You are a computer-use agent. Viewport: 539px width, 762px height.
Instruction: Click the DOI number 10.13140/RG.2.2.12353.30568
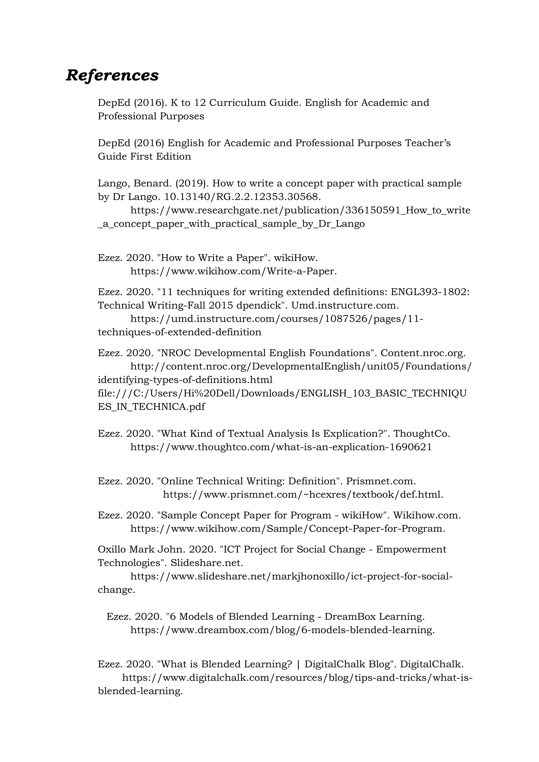(x=243, y=197)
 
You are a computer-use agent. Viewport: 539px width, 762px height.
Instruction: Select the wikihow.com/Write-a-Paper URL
(x=233, y=271)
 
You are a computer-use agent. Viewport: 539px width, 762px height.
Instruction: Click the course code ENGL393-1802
(x=430, y=292)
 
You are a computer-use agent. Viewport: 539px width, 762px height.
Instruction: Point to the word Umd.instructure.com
(x=345, y=305)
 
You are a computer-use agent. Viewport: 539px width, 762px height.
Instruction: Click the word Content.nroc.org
(x=423, y=353)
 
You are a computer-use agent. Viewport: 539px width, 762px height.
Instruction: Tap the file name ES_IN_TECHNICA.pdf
(x=151, y=407)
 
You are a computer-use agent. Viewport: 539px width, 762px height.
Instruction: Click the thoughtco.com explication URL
(x=281, y=447)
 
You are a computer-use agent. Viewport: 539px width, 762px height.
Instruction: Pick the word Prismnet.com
(x=381, y=481)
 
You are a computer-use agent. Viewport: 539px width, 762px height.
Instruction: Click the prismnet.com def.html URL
(x=303, y=494)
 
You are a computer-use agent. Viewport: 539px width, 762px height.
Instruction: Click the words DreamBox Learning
(x=375, y=616)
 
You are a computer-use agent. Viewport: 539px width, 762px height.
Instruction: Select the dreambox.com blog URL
(x=282, y=630)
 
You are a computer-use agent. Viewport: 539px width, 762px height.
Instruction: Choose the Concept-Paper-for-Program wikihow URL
(x=287, y=528)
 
